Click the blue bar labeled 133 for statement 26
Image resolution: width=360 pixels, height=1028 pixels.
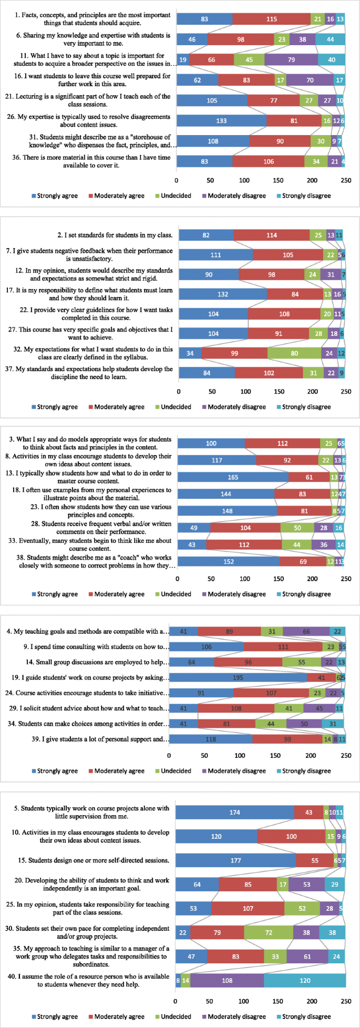pyautogui.click(x=221, y=121)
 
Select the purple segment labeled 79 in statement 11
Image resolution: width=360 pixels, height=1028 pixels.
pyautogui.click(x=291, y=60)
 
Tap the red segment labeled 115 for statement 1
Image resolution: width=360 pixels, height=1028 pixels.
pyautogui.click(x=271, y=19)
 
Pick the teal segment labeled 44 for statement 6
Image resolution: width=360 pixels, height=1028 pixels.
pyautogui.click(x=330, y=39)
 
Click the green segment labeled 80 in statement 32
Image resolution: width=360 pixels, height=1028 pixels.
pyautogui.click(x=294, y=353)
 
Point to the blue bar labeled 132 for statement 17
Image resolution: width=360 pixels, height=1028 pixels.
pyautogui.click(x=222, y=294)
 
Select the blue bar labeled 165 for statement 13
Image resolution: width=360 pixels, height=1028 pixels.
pyautogui.click(x=233, y=477)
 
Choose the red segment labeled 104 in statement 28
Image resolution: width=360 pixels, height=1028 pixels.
pyautogui.click(x=245, y=528)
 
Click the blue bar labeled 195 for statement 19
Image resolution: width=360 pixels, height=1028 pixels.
pyautogui.click(x=238, y=677)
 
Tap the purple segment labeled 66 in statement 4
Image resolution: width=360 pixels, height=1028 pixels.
pyautogui.click(x=306, y=631)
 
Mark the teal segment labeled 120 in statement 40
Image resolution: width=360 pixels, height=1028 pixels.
pyautogui.click(x=305, y=981)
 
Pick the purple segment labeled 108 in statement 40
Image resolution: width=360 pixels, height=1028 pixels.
pyautogui.click(x=227, y=981)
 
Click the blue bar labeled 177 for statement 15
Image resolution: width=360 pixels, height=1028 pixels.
pyautogui.click(x=235, y=860)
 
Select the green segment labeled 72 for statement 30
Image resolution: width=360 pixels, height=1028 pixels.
pyautogui.click(x=269, y=932)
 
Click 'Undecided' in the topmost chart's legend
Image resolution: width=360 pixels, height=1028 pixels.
pyautogui.click(x=176, y=196)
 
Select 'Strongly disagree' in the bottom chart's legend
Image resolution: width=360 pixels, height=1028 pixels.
pyautogui.click(x=306, y=1016)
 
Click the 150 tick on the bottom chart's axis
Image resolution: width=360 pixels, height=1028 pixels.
pyautogui.click(x=278, y=1001)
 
